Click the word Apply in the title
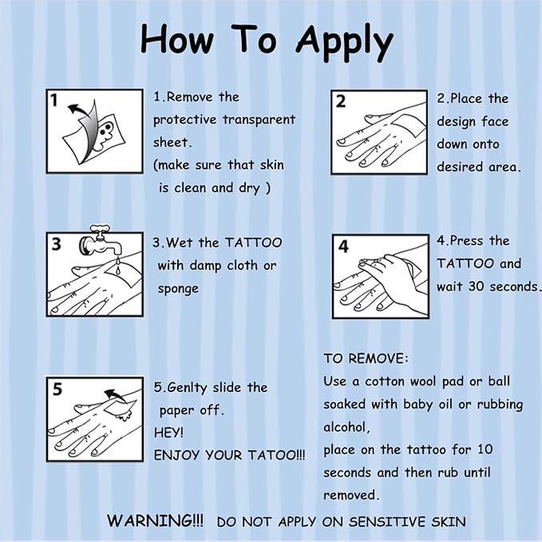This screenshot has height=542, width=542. [344, 42]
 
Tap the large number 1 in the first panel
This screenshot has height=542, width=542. [53, 101]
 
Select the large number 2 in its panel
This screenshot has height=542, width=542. [341, 101]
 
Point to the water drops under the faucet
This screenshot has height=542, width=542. [118, 266]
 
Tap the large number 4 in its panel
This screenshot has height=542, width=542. [343, 247]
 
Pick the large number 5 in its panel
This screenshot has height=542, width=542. [57, 390]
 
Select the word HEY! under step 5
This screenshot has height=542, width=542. [168, 433]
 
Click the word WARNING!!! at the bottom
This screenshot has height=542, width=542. [155, 520]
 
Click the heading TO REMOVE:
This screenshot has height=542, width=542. [366, 358]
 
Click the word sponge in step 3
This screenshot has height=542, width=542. [178, 289]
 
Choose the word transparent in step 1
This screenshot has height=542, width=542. [259, 120]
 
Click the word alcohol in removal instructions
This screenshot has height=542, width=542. [346, 427]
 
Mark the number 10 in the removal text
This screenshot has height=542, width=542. [485, 449]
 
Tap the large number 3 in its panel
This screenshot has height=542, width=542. [56, 244]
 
